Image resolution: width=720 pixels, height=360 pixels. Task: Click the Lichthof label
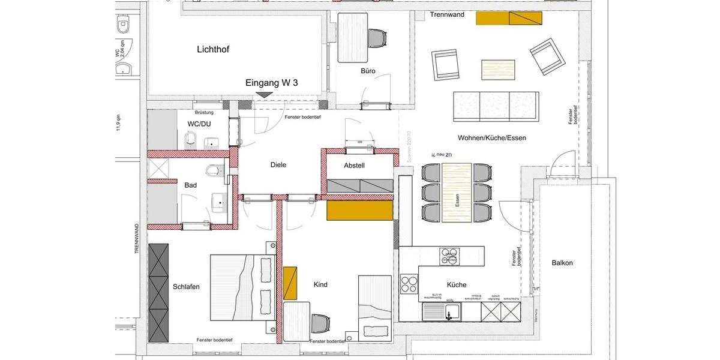tap(213, 50)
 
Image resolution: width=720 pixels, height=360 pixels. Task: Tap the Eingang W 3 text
tap(272, 83)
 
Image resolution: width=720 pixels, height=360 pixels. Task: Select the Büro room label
tap(368, 71)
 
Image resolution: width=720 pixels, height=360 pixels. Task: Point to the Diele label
tap(278, 165)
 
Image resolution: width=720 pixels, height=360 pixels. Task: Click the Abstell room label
tap(354, 166)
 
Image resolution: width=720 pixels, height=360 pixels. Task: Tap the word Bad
tap(191, 185)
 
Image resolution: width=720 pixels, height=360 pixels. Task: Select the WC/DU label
tap(199, 124)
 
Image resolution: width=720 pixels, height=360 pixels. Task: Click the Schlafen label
tap(186, 287)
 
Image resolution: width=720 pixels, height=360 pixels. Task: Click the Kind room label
tap(320, 284)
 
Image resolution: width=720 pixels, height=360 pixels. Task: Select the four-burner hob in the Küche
tap(409, 283)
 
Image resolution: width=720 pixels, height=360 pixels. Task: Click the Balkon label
tap(562, 263)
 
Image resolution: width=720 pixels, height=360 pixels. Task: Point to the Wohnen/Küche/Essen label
tap(491, 137)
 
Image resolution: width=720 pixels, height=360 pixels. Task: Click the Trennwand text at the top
tap(447, 14)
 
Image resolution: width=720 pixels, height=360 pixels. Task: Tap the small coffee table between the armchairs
tap(498, 69)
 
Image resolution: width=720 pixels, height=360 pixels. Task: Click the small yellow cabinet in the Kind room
tap(290, 283)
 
